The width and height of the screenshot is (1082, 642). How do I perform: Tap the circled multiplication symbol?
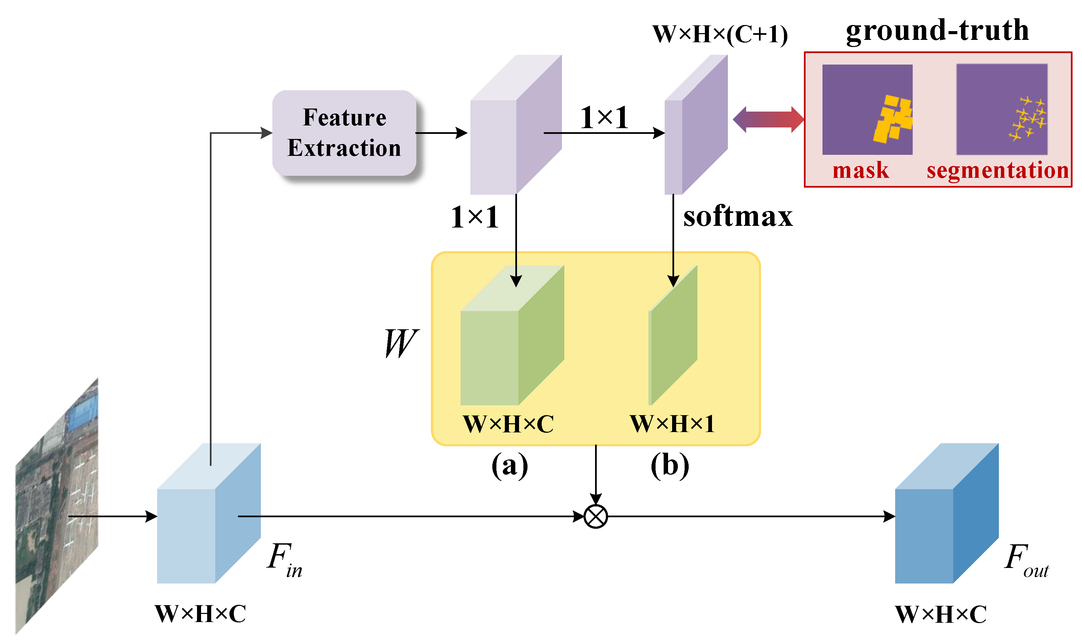(x=596, y=516)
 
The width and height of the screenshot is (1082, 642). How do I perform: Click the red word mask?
(x=860, y=170)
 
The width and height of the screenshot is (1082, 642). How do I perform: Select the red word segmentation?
(x=997, y=170)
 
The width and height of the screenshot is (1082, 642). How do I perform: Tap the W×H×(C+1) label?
(x=720, y=34)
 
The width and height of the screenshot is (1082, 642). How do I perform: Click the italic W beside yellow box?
(x=400, y=343)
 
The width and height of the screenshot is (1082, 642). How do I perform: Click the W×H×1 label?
(x=672, y=424)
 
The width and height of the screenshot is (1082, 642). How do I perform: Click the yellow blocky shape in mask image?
(x=893, y=119)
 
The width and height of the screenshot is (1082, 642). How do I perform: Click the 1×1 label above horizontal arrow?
(x=604, y=118)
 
